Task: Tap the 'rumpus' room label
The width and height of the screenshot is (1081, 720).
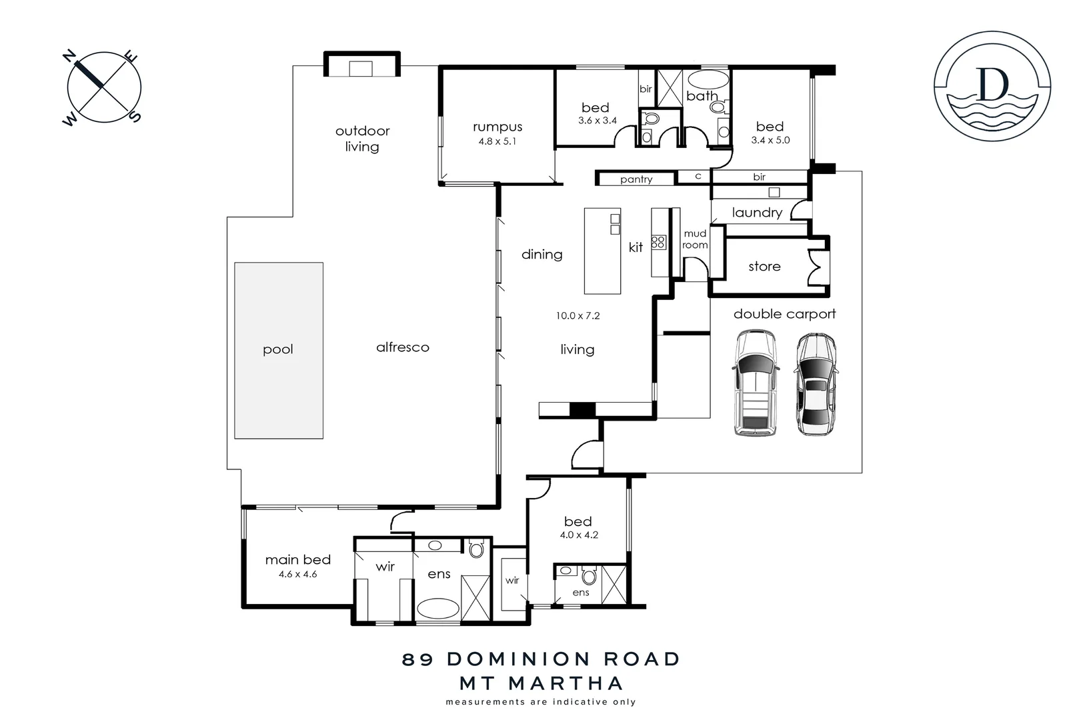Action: click(x=497, y=127)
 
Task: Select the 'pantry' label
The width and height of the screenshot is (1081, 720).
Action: click(x=636, y=179)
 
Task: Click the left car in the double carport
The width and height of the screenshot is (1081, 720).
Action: click(x=755, y=384)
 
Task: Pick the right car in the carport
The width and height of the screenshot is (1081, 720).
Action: click(x=816, y=385)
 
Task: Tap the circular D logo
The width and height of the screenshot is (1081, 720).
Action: click(x=992, y=87)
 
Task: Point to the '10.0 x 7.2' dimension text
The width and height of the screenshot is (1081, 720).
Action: click(x=578, y=316)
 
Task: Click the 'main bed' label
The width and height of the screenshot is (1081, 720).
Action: click(x=297, y=560)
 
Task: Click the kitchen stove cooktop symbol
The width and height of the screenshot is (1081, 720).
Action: click(x=659, y=242)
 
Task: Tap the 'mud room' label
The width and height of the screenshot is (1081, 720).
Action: click(x=694, y=239)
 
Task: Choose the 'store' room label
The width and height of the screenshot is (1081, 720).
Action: click(x=764, y=267)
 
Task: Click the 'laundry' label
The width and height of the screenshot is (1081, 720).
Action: click(x=756, y=213)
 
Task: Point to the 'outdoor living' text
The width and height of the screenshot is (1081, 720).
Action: click(x=362, y=139)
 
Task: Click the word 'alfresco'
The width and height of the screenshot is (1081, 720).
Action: click(x=402, y=347)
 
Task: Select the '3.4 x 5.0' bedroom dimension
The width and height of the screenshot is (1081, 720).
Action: click(x=770, y=141)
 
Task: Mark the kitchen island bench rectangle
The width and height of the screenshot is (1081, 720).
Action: click(x=602, y=251)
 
